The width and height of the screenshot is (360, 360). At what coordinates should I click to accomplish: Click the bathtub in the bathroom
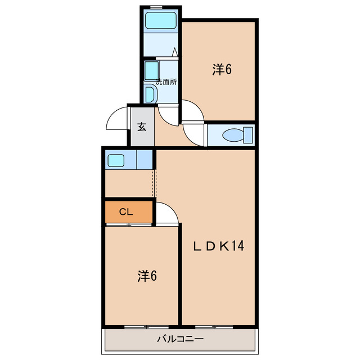(161, 21)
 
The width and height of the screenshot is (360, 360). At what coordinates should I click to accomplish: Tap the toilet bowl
(233, 135)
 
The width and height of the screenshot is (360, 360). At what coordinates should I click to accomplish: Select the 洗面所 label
(166, 81)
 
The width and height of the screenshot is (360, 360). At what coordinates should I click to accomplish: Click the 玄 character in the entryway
(142, 127)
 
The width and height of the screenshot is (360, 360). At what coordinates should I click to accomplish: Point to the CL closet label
(126, 212)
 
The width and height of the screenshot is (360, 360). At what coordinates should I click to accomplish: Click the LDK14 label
(218, 246)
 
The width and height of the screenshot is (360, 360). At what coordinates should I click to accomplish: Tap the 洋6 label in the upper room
(222, 69)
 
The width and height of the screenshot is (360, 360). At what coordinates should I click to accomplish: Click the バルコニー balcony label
(179, 339)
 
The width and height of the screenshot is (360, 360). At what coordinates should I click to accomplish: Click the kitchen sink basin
(116, 160)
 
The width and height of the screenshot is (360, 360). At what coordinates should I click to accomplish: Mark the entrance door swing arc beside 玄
(116, 118)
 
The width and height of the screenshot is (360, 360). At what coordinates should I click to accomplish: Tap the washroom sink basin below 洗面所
(150, 94)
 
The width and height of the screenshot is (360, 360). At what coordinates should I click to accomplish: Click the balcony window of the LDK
(214, 326)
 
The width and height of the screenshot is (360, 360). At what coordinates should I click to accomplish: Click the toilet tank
(247, 135)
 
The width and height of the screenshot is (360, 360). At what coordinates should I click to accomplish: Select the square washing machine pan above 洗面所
(151, 71)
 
